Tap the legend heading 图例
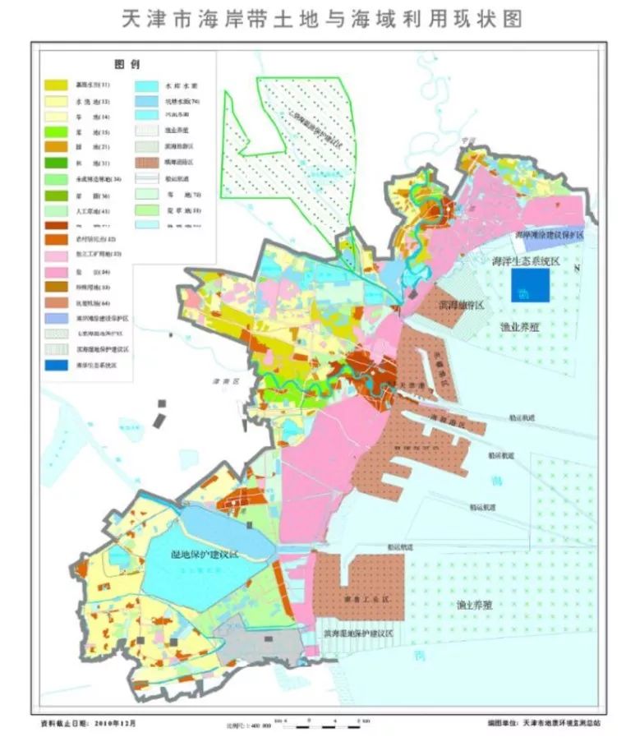(x=124, y=64)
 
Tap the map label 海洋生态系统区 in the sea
(x=525, y=260)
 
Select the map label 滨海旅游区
(x=460, y=305)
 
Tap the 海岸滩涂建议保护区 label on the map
(x=549, y=235)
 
